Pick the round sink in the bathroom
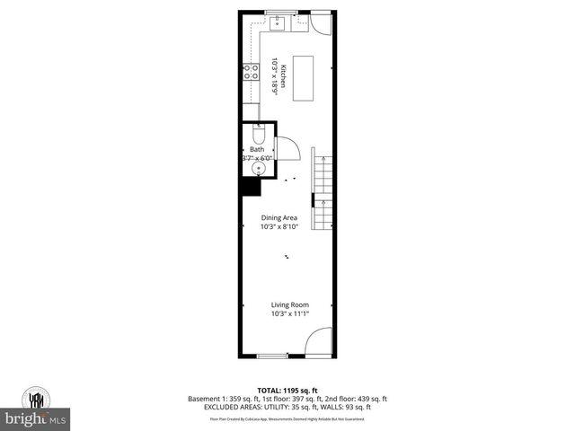[x=260, y=167]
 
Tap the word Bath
[x=256, y=149]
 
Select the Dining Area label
[x=279, y=217]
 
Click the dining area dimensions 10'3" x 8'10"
[x=279, y=226]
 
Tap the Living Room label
[x=289, y=305]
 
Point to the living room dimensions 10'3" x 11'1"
[x=289, y=314]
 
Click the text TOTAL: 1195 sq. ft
[x=287, y=390]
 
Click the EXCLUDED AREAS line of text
[x=287, y=407]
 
